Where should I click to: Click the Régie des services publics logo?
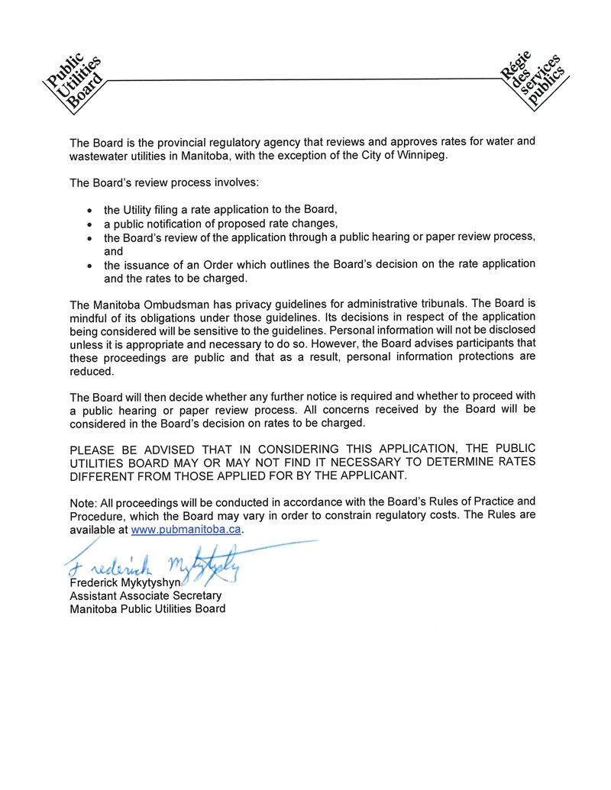pos(533,82)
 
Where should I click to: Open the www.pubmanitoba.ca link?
pos(187,529)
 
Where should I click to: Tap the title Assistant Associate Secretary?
pos(146,595)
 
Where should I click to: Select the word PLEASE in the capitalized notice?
pos(94,449)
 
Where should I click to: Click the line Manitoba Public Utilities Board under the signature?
pos(147,608)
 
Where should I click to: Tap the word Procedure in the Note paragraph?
pos(94,515)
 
